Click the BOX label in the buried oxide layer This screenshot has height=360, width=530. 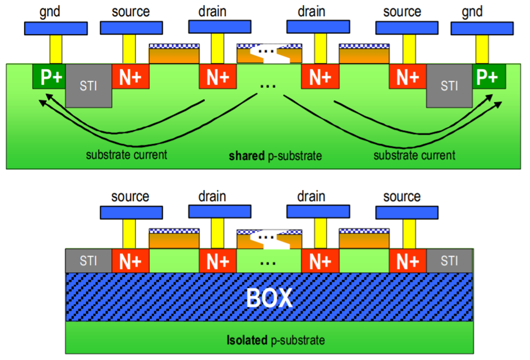(269, 298)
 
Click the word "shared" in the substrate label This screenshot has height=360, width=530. (247, 156)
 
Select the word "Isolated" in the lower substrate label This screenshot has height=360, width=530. (247, 340)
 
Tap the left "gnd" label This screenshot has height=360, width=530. (50, 12)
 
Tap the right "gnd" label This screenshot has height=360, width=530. (472, 12)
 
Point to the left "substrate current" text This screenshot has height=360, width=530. (126, 155)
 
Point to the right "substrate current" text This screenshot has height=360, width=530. (414, 155)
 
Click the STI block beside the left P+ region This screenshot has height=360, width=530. (88, 86)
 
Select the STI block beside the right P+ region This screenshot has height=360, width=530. (449, 86)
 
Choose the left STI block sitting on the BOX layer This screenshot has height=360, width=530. (88, 261)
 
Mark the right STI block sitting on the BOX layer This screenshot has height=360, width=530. (449, 261)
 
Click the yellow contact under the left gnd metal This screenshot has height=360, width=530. (56, 49)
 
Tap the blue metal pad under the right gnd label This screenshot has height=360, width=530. (482, 28)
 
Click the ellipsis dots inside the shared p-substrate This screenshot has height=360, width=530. (268, 86)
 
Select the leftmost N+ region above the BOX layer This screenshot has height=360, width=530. (130, 261)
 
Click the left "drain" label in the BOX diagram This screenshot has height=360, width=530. (212, 196)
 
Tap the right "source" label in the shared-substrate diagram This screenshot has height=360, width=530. (402, 12)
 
